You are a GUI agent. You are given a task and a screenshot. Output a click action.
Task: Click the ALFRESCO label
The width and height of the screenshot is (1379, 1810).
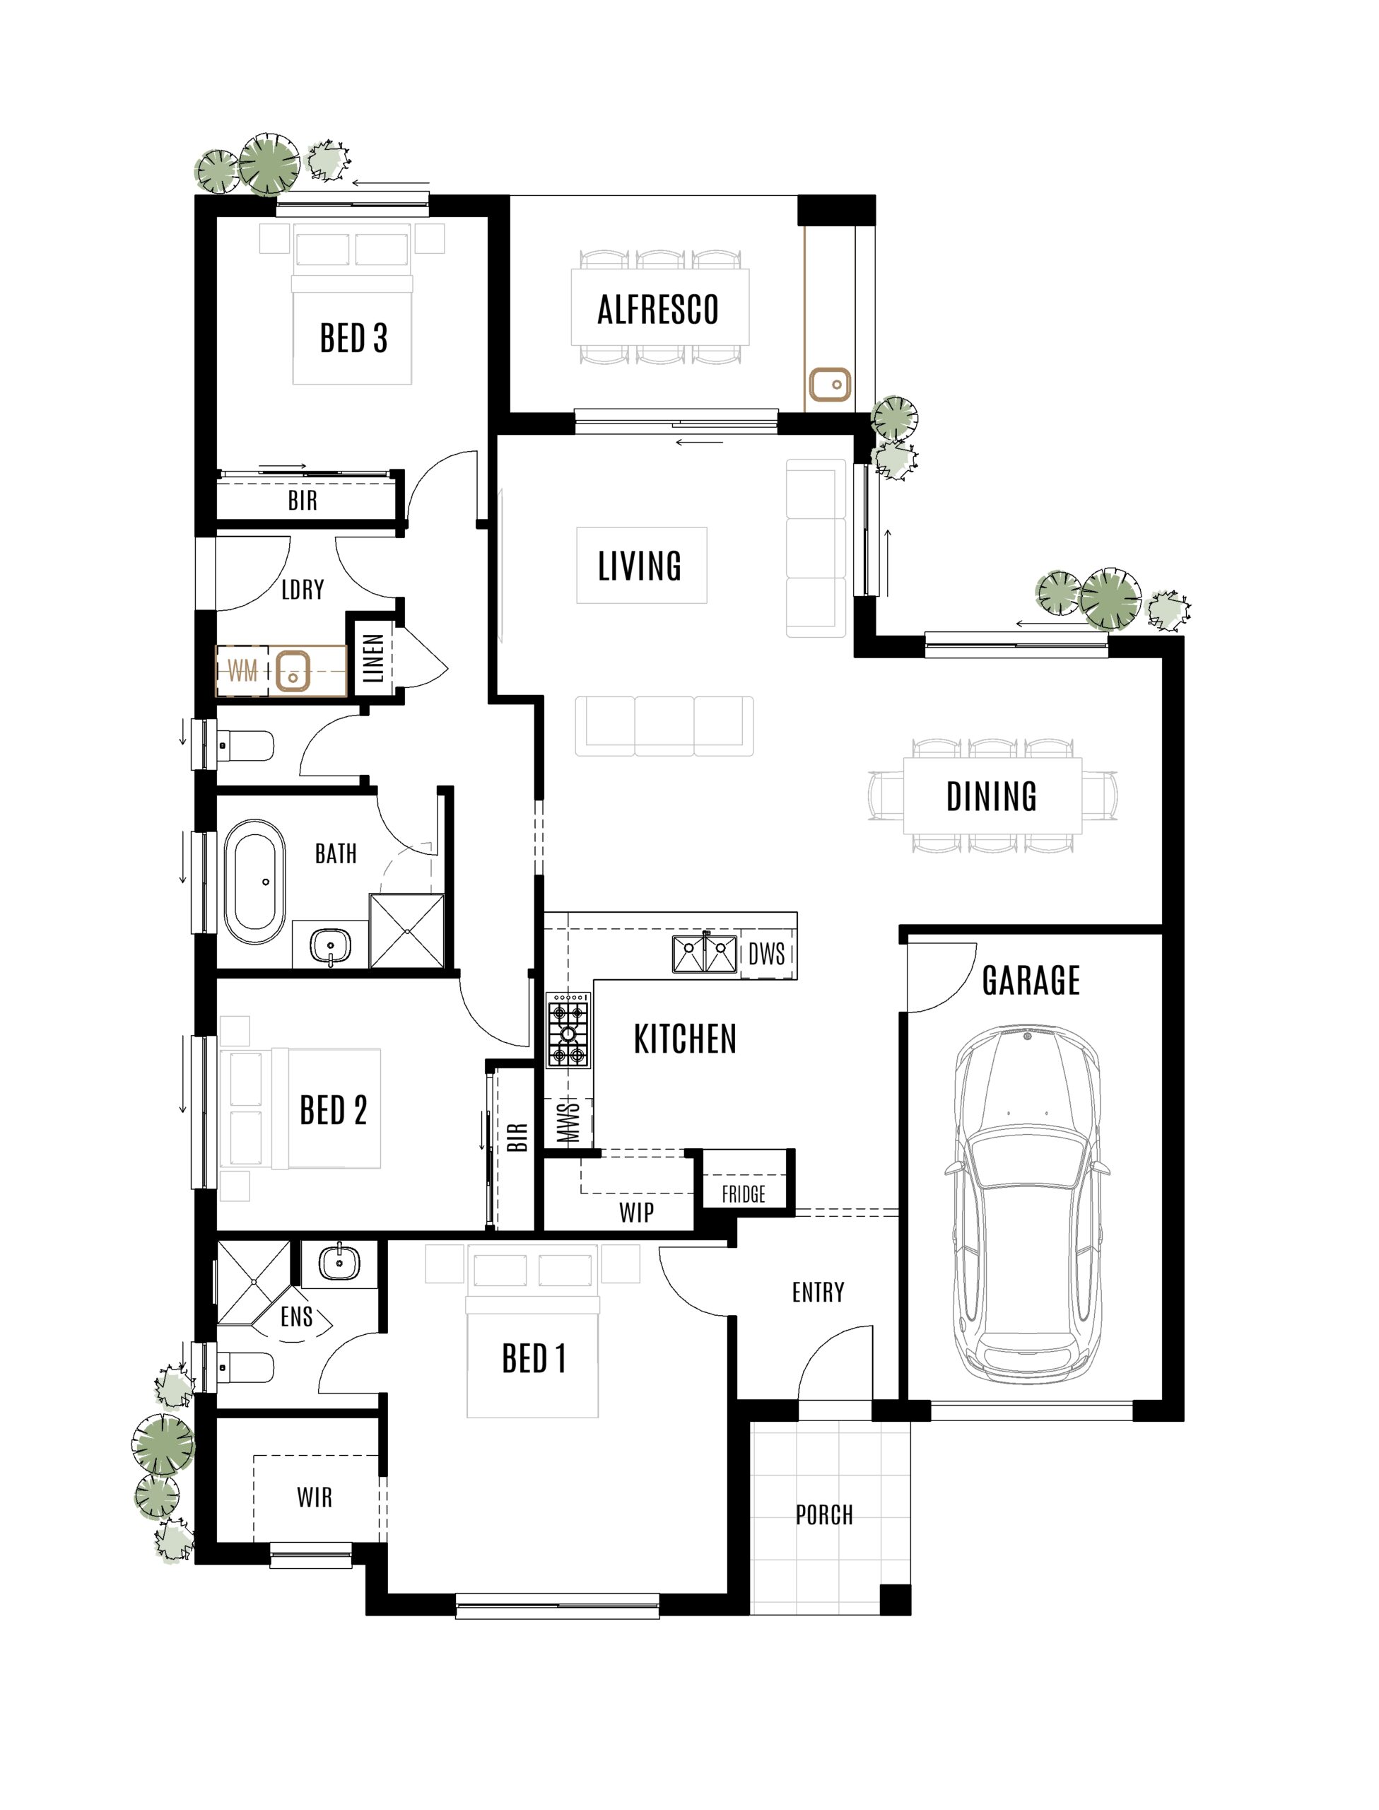tap(657, 310)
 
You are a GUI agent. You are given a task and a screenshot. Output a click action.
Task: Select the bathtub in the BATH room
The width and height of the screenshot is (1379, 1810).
tap(255, 881)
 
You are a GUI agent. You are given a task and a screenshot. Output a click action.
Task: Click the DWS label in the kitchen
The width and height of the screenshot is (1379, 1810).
tap(767, 954)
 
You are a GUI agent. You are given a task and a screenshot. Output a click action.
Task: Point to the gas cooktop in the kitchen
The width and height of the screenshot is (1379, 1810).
tap(568, 1030)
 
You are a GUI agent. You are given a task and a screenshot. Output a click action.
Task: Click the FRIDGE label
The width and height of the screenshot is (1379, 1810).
tap(744, 1193)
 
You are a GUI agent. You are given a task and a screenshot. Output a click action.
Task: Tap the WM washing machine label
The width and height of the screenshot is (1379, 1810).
tap(242, 671)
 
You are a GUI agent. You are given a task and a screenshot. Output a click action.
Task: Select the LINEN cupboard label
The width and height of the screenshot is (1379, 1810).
tap(373, 658)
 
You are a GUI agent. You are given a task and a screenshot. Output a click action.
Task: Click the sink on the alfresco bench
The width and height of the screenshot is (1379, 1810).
tap(829, 384)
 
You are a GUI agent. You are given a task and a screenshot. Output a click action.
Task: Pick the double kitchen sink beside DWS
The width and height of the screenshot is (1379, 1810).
tap(704, 954)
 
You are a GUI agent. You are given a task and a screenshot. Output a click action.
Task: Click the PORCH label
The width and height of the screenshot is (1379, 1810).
tap(824, 1514)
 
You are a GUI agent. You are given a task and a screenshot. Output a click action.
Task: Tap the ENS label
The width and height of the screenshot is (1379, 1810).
tap(296, 1316)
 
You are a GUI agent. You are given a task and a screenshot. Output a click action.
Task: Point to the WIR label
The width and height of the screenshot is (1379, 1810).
tap(315, 1497)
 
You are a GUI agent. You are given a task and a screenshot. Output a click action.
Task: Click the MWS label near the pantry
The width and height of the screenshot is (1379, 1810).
tap(569, 1122)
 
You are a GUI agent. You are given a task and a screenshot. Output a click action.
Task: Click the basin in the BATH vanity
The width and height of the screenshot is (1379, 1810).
tap(330, 945)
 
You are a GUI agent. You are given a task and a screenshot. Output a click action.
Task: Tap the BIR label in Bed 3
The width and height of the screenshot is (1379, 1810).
tap(302, 500)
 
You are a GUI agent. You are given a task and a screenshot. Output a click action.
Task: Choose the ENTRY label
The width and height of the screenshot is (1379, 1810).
tap(818, 1292)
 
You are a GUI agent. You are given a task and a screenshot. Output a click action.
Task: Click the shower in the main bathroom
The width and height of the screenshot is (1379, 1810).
tap(406, 932)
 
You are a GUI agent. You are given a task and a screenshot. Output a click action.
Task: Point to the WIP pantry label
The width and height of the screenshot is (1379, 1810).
tap(636, 1213)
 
